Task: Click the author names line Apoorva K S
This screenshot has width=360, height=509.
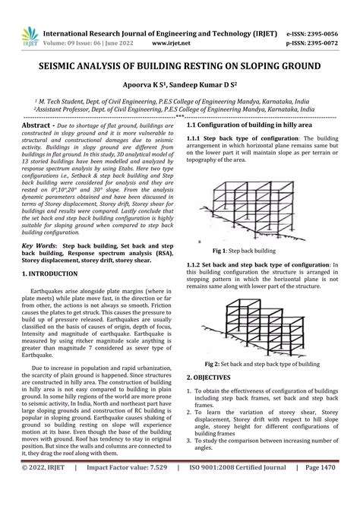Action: (x=178, y=85)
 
